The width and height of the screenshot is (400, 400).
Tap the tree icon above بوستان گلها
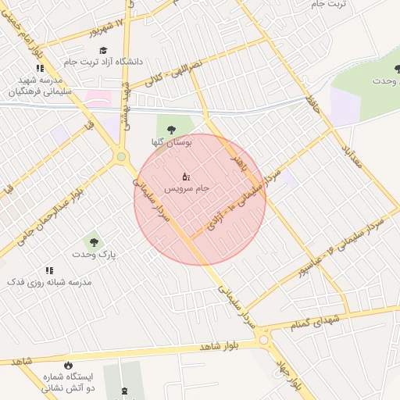[171, 130]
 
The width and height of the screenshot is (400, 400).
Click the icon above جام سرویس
[185, 177]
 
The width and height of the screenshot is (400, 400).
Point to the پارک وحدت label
[94, 255]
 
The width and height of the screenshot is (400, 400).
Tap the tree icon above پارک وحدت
[95, 241]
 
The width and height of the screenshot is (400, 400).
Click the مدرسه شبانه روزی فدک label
[49, 281]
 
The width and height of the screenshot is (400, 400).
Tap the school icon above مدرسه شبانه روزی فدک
[48, 270]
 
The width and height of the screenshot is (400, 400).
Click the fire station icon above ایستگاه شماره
[67, 365]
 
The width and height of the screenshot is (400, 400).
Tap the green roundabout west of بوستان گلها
[121, 157]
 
